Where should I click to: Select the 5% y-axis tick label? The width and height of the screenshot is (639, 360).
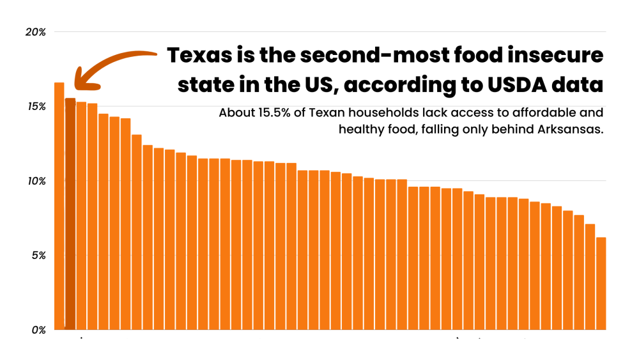(38, 256)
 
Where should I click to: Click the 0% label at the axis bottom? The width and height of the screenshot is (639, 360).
(38, 330)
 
